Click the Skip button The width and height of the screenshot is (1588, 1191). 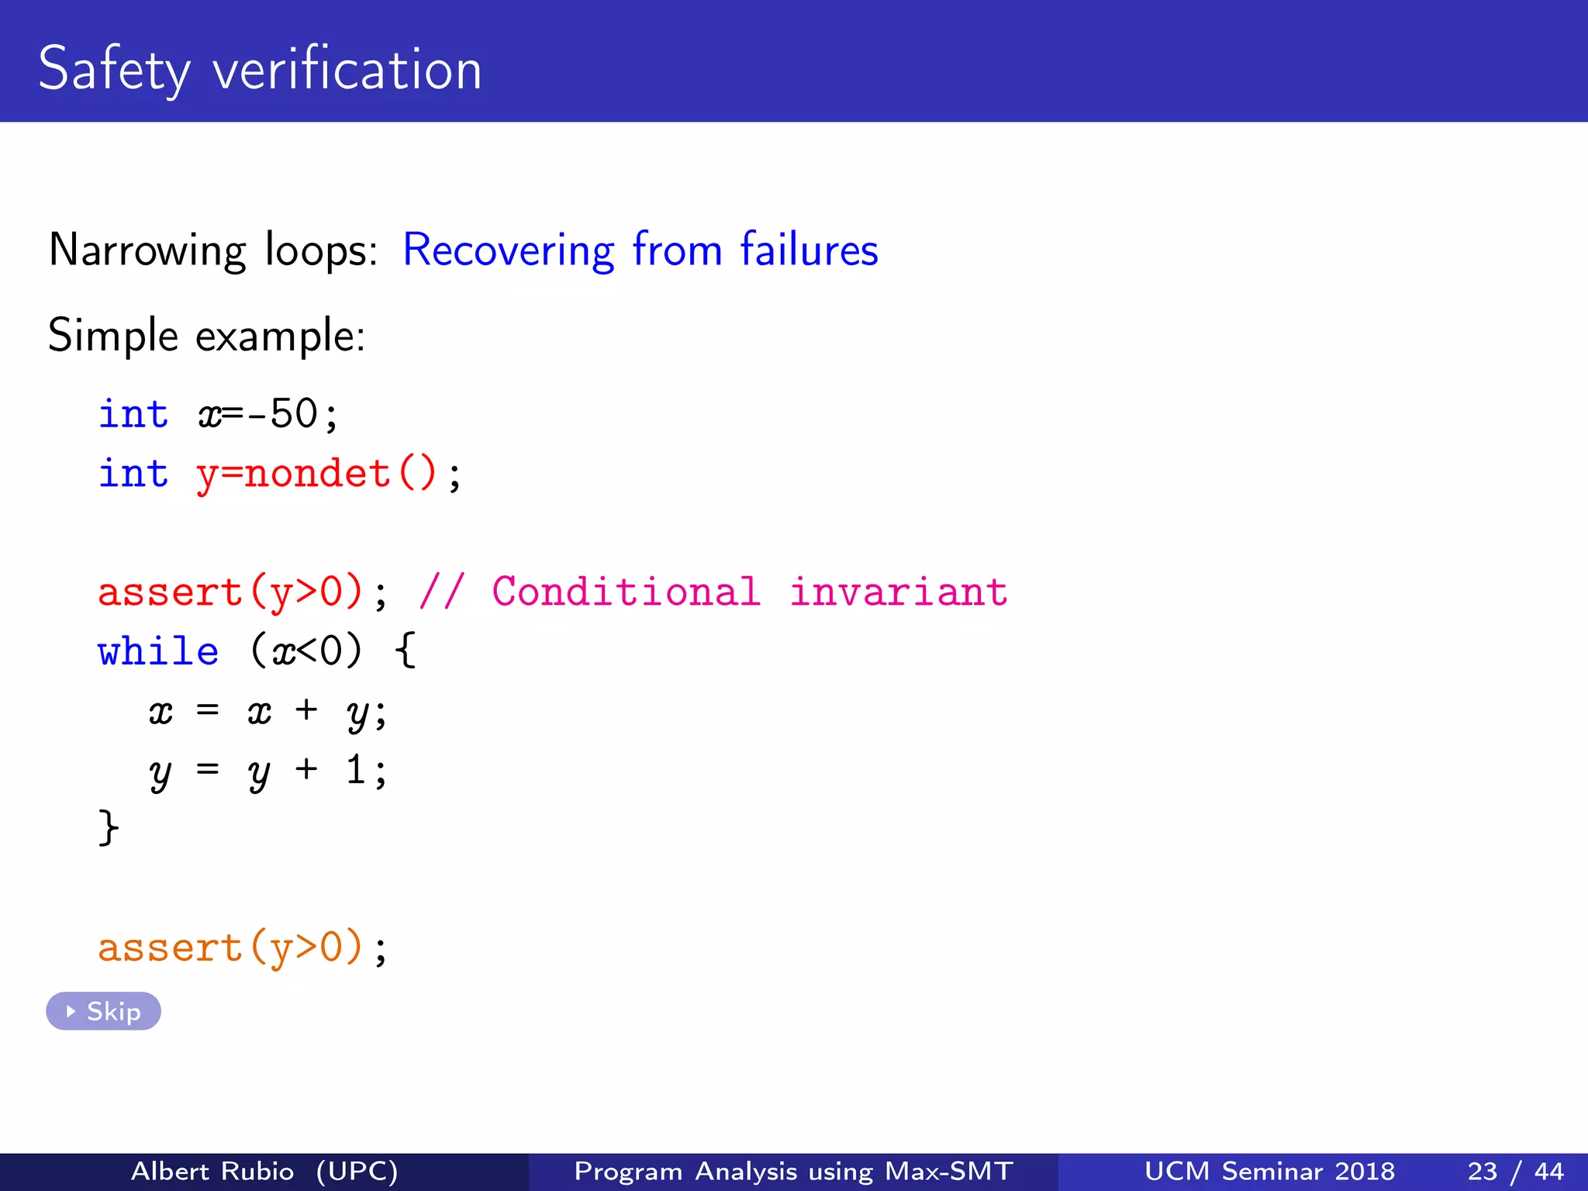pyautogui.click(x=103, y=1011)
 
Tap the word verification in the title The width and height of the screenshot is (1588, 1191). pyautogui.click(x=347, y=70)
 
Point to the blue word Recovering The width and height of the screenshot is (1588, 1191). pyautogui.click(x=508, y=250)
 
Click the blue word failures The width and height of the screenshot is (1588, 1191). pyautogui.click(x=809, y=250)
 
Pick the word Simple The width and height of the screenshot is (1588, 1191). pyautogui.click(x=113, y=337)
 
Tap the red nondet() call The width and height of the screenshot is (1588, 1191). pyautogui.click(x=341, y=473)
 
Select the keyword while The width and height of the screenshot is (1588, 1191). pyautogui.click(x=158, y=651)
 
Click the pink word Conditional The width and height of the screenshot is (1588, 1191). pyautogui.click(x=626, y=592)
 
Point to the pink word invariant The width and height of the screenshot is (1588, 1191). pyautogui.click(x=898, y=592)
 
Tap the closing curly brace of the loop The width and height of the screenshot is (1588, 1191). pyautogui.click(x=109, y=828)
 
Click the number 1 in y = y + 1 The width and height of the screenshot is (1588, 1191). pyautogui.click(x=355, y=770)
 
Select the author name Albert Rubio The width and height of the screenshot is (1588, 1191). pyautogui.click(x=212, y=1171)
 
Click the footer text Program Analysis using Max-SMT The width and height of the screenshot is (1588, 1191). pyautogui.click(x=793, y=1171)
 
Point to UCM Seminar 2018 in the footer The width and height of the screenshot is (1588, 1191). pyautogui.click(x=1269, y=1171)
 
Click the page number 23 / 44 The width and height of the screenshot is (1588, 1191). pyautogui.click(x=1515, y=1171)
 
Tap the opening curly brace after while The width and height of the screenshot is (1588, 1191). pyautogui.click(x=406, y=651)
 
